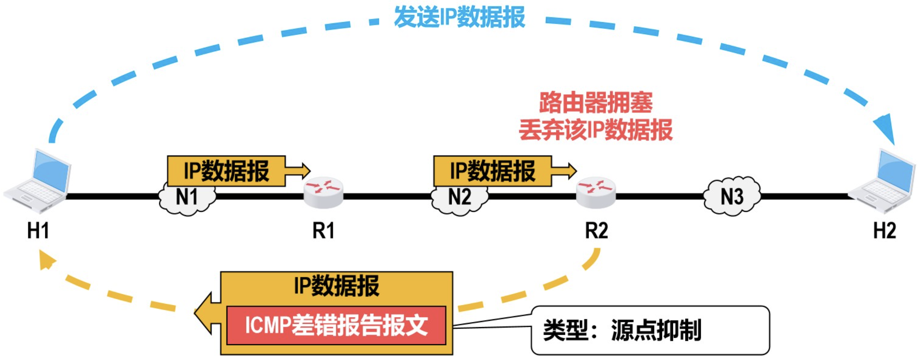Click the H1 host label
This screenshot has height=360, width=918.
38,231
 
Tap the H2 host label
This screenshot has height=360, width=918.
884,231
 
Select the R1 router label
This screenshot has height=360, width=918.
323,231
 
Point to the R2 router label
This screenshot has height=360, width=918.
596,231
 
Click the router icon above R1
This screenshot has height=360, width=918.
324,192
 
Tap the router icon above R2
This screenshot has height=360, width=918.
596,192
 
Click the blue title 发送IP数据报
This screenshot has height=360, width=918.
459,17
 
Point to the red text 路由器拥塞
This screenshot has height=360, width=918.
596,103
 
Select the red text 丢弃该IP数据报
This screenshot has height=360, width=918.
596,130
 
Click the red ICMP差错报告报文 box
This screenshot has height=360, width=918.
336,325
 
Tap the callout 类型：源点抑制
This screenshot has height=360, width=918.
650,330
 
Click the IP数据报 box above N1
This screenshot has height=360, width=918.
226,171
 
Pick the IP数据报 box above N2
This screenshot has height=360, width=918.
492,171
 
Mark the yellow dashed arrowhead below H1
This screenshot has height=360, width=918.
47,260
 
